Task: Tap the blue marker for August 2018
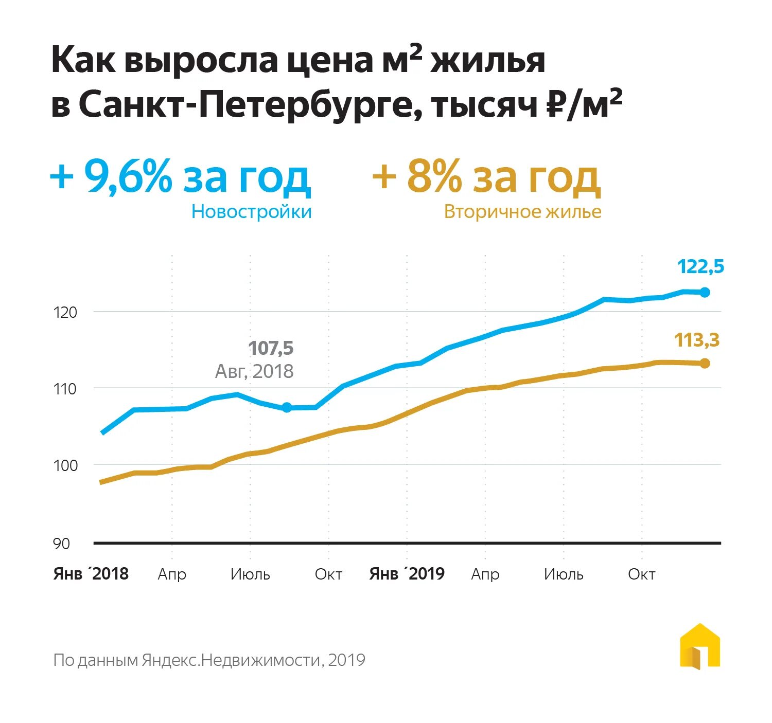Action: tap(287, 407)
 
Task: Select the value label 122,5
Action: tap(700, 267)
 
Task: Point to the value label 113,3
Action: tap(697, 340)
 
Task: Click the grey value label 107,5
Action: tap(271, 348)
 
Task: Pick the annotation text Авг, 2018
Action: tap(254, 371)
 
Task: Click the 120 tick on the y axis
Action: tap(65, 312)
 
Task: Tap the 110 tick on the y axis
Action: tap(65, 389)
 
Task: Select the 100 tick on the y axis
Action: tap(65, 465)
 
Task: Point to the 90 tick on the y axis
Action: tap(61, 544)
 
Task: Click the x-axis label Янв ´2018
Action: tap(91, 574)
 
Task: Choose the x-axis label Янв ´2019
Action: tap(407, 574)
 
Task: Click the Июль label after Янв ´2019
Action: tap(564, 574)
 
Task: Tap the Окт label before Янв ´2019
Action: tap(328, 574)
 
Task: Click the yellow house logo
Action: tap(700, 646)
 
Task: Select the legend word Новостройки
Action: tap(252, 212)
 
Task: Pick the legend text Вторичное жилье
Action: tap(522, 212)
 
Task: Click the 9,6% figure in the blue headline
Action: tap(128, 176)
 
